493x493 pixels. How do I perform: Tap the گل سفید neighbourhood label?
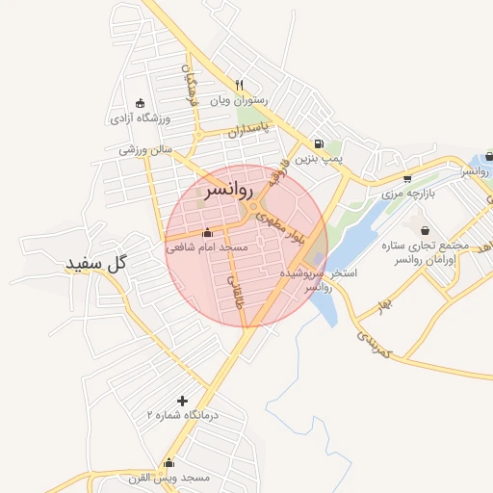[x=97, y=263]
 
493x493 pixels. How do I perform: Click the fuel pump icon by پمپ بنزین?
[x=319, y=144]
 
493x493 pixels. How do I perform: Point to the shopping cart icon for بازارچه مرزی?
[x=407, y=178]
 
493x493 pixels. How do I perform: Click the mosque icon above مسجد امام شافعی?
[x=208, y=232]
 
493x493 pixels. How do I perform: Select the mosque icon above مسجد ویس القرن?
[x=169, y=462]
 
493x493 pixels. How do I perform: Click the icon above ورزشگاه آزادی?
[x=141, y=104]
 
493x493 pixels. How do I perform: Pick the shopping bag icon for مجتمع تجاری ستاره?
[x=426, y=230]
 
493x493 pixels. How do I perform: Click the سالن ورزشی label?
[x=145, y=150]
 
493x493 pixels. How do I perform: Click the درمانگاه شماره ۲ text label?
[x=183, y=415]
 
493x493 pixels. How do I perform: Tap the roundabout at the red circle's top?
[x=254, y=208]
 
